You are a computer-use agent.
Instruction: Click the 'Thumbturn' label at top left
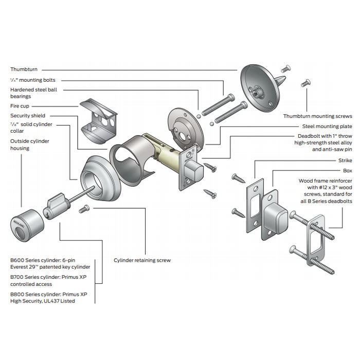tap(24, 69)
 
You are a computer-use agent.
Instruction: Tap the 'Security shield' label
tap(28, 116)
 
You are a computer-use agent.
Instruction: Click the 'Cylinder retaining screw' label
tap(142, 260)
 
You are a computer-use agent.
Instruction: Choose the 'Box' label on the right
tap(347, 170)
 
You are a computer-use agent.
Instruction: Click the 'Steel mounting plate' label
tap(327, 126)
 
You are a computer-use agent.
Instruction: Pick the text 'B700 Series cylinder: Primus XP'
tap(49, 277)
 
